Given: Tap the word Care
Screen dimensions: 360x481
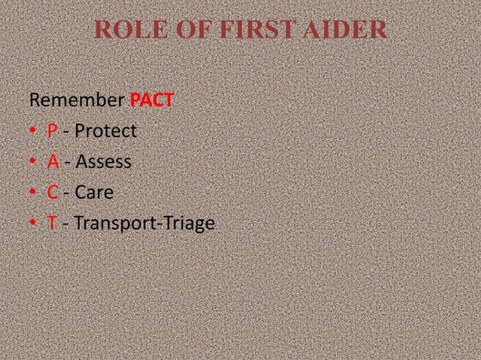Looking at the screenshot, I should [x=93, y=194].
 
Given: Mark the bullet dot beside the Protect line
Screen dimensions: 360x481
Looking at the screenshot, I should [x=32, y=133].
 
